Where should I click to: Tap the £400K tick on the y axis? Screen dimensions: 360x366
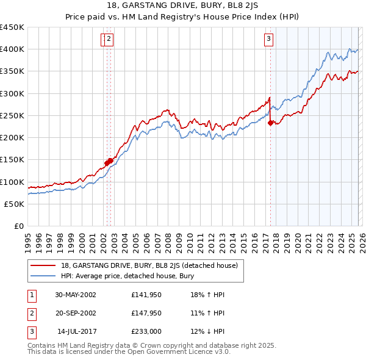click(12, 49)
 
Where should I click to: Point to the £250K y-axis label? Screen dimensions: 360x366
click(12, 115)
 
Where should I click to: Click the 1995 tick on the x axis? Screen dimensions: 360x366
click(28, 239)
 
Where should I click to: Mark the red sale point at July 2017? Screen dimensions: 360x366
click(270, 123)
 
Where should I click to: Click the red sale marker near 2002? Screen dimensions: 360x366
click(108, 162)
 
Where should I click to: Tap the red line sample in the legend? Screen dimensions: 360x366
click(43, 265)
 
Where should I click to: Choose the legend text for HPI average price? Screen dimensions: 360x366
click(127, 276)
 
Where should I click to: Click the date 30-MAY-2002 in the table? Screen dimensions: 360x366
click(75, 295)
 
